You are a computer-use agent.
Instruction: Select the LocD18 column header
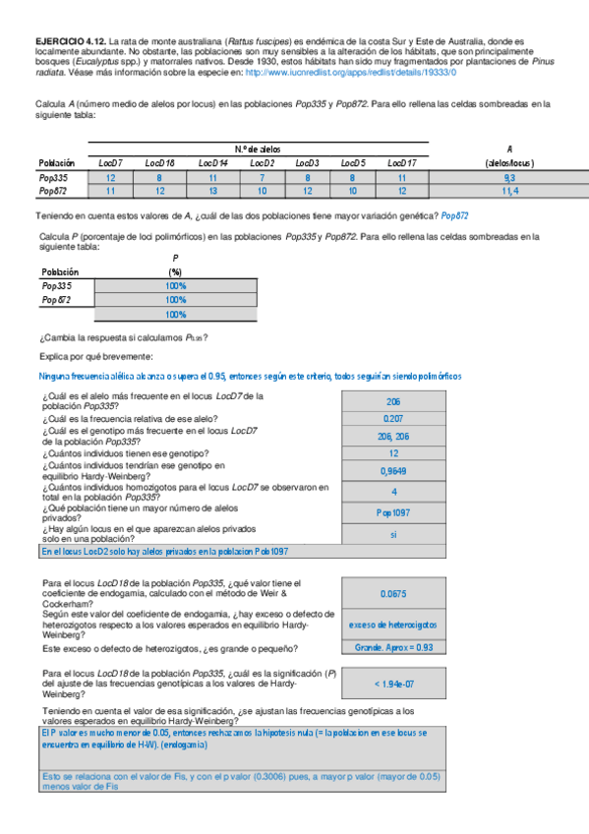coord(158,162)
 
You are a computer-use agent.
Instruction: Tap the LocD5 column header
coord(353,162)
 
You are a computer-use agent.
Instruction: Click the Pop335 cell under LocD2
coord(262,178)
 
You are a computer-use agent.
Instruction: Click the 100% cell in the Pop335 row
coord(176,286)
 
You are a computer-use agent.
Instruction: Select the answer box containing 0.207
coord(393,418)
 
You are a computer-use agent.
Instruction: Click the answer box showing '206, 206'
coord(393,436)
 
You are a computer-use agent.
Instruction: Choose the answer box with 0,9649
coord(393,471)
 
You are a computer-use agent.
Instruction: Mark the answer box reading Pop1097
coord(393,512)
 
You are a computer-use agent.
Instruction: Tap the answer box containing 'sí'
coord(393,534)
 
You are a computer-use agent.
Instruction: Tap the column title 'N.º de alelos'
coord(258,148)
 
